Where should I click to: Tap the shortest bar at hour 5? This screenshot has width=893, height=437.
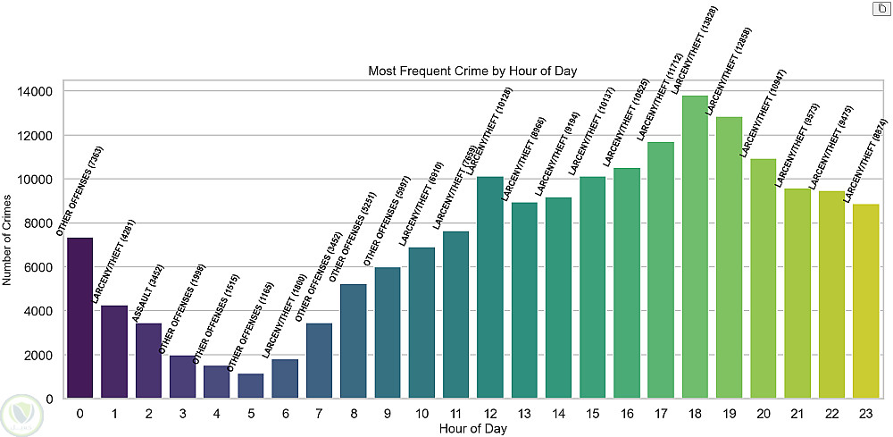click(251, 386)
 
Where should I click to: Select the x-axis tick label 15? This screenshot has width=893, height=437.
click(593, 413)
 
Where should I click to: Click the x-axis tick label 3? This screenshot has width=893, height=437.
click(182, 413)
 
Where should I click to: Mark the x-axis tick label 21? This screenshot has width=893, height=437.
click(798, 413)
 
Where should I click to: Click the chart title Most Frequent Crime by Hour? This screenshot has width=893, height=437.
click(472, 71)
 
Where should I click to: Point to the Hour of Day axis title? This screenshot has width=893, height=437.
click(472, 428)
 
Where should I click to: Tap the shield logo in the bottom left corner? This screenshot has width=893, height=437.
click(21, 413)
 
